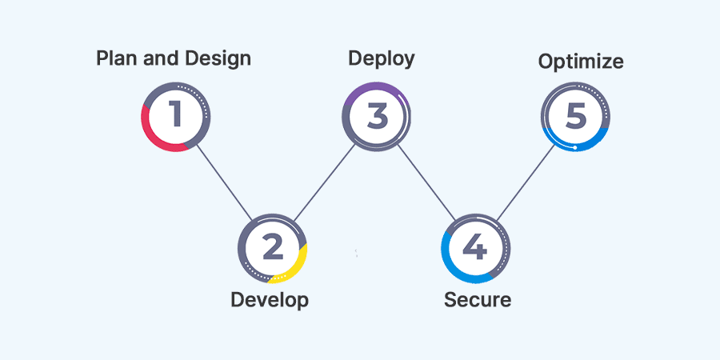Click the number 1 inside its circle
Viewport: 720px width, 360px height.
tap(175, 116)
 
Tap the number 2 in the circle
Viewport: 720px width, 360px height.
tap(273, 248)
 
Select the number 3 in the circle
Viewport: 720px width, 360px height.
tap(377, 116)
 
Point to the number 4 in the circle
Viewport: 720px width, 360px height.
tap(475, 248)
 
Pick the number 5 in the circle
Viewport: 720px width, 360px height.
tap(575, 116)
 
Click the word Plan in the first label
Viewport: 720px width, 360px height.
tap(114, 58)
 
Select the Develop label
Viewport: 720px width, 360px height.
tap(270, 300)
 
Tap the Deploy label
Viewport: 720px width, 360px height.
tap(382, 58)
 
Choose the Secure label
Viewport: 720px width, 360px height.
tap(478, 300)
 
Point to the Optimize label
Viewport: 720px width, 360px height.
tap(581, 62)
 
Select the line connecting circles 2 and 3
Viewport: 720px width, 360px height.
tap(324, 182)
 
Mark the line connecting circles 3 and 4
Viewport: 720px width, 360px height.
tap(426, 182)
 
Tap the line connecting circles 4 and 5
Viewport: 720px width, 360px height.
tap(526, 182)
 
